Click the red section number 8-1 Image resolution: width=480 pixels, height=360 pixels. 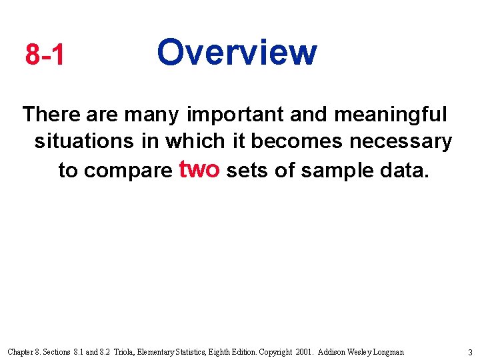(x=45, y=55)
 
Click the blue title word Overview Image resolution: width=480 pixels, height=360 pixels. (x=237, y=52)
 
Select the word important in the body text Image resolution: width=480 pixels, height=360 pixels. (x=237, y=115)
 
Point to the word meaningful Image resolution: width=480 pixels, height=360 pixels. (x=390, y=115)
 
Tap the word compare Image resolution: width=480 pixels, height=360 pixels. (x=128, y=171)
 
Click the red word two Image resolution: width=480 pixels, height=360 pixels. (x=200, y=169)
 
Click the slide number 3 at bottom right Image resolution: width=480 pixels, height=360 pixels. (x=469, y=351)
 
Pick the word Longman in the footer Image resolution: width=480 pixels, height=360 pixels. (x=386, y=351)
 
